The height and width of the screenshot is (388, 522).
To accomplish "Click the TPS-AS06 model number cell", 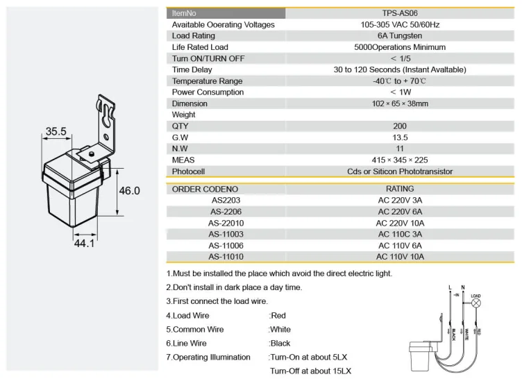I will pyautogui.click(x=399, y=13).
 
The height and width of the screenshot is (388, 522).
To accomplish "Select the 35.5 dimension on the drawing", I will pyautogui.click(x=56, y=131).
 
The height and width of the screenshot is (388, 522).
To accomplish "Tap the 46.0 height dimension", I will pyautogui.click(x=129, y=191).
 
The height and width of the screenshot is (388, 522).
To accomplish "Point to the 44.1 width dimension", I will pyautogui.click(x=84, y=244).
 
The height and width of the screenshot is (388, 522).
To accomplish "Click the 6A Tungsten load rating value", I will pyautogui.click(x=400, y=36).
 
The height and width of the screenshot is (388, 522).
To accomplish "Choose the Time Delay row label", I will pyautogui.click(x=194, y=70).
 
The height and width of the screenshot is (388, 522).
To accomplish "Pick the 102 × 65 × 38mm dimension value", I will pyautogui.click(x=400, y=103).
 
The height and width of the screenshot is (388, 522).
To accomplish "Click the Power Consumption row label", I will pyautogui.click(x=208, y=92).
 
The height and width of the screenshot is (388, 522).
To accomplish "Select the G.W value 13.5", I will pyautogui.click(x=400, y=137).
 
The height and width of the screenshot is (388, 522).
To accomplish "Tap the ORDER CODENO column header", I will pyautogui.click(x=205, y=189).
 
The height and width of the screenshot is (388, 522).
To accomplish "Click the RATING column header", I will pyautogui.click(x=400, y=189).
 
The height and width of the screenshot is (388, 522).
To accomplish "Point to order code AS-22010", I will pyautogui.click(x=226, y=223).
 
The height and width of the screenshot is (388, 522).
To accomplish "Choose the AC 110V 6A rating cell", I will pyautogui.click(x=400, y=246).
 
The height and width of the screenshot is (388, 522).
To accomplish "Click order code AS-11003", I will pyautogui.click(x=226, y=235).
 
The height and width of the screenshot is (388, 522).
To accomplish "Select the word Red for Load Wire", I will pyautogui.click(x=278, y=316).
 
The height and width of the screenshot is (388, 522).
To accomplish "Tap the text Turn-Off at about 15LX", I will pyautogui.click(x=310, y=371).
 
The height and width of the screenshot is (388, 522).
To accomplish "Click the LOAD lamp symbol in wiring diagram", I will pyautogui.click(x=475, y=303).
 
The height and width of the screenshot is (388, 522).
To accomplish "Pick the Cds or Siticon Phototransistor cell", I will pyautogui.click(x=400, y=171).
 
